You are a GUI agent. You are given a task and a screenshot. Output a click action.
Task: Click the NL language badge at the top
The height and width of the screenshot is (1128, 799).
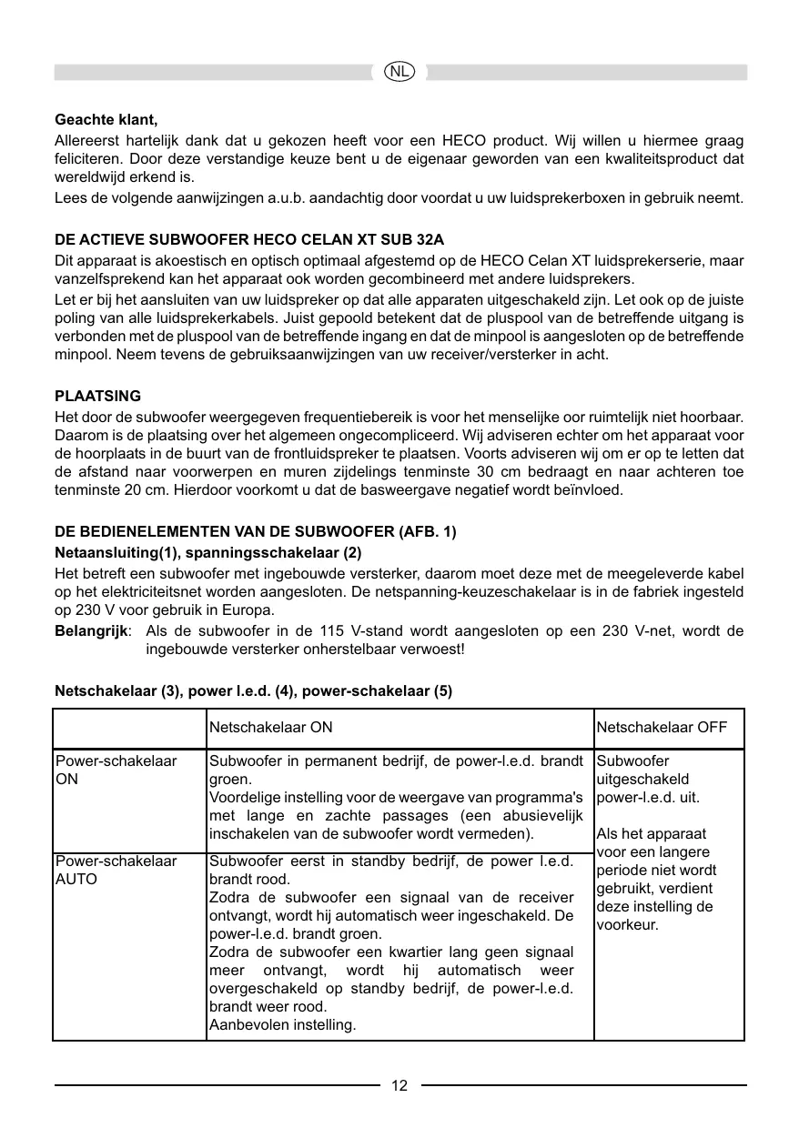click(x=399, y=71)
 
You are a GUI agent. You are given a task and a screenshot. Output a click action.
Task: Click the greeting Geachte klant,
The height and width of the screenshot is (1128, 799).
click(x=106, y=120)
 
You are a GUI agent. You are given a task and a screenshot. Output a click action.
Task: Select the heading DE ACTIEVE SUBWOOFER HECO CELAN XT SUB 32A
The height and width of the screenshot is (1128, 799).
click(x=249, y=240)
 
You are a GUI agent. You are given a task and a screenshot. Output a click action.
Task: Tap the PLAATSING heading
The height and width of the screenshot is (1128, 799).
click(x=98, y=397)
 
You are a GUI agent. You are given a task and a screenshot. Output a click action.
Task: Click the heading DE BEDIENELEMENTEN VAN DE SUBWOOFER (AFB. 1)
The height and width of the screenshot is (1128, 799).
click(x=256, y=531)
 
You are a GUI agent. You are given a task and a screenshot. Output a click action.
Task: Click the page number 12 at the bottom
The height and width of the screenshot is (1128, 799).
click(x=399, y=1085)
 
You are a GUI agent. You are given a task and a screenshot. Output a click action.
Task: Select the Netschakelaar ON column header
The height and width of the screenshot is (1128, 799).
click(x=271, y=728)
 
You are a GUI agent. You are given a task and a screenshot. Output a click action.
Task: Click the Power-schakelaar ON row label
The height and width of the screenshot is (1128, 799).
click(x=116, y=770)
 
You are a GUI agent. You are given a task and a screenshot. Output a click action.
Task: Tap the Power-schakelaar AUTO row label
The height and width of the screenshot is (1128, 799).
click(x=116, y=870)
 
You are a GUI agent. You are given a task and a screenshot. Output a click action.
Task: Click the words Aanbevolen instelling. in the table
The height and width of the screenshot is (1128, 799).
click(x=283, y=1025)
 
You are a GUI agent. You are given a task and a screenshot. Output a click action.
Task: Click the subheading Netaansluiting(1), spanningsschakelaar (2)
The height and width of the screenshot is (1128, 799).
click(x=208, y=552)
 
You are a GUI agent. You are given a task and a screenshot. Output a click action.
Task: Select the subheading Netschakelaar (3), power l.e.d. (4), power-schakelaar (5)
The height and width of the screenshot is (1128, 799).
click(x=254, y=690)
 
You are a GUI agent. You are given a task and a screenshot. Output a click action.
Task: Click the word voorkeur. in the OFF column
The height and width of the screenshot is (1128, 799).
click(x=628, y=925)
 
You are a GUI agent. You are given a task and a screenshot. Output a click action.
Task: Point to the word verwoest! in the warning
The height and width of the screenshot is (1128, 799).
click(x=431, y=650)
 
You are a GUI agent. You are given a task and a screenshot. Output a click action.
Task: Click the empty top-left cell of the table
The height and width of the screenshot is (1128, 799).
click(x=129, y=728)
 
